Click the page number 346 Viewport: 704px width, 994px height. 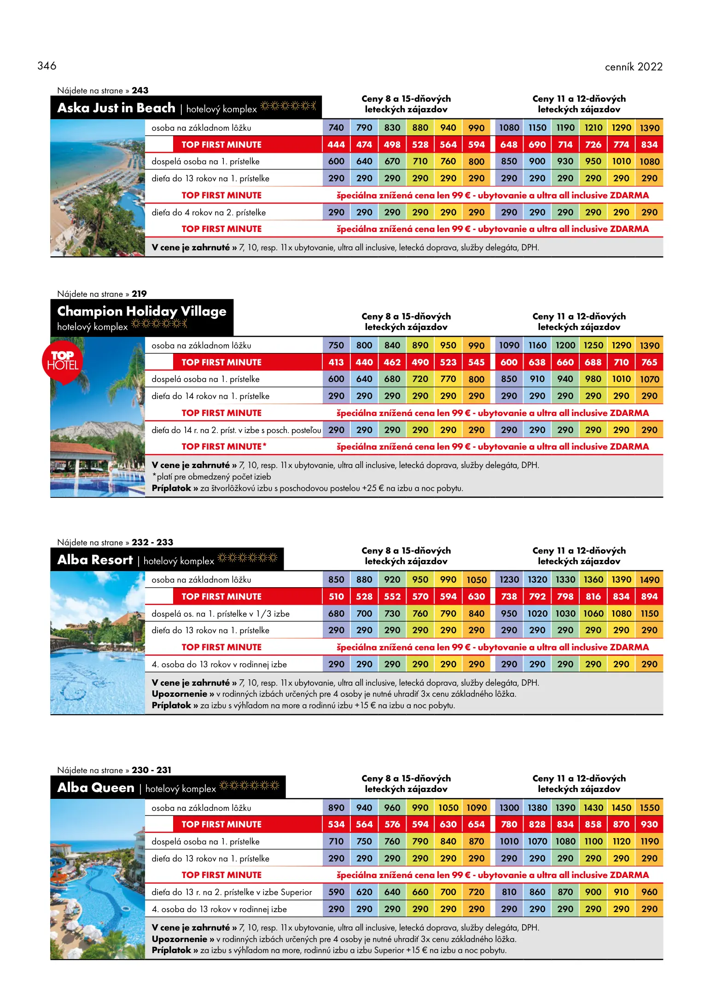point(47,66)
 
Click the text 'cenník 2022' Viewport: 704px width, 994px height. point(633,67)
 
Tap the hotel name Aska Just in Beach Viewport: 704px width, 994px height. point(116,108)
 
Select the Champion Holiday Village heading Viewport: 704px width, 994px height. point(141,312)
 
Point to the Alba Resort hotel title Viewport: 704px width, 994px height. point(95,560)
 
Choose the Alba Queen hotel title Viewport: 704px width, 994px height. point(96,788)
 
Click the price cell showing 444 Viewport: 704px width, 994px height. point(336,144)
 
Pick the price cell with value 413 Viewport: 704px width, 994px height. point(336,362)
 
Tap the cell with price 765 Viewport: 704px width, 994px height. point(649,362)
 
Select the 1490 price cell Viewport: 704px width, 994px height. point(649,580)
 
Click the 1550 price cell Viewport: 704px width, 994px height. point(649,808)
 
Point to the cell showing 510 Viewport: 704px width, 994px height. point(336,596)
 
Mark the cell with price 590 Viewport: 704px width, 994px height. point(336,892)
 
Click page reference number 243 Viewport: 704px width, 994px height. point(140,91)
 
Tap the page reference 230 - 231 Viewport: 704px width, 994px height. point(151,770)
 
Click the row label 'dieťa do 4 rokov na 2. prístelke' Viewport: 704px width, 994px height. point(209,213)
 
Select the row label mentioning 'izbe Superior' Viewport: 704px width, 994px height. point(232,892)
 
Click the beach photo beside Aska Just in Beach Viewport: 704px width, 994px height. point(98,188)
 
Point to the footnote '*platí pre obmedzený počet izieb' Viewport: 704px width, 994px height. point(211,477)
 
